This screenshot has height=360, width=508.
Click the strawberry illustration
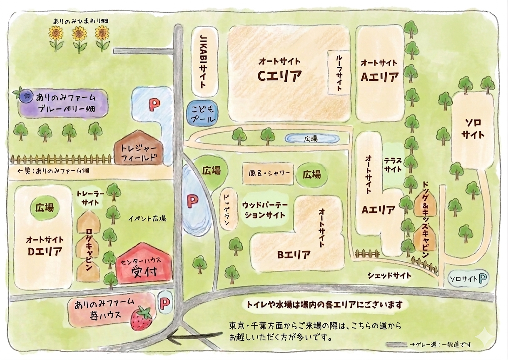coord(141,318)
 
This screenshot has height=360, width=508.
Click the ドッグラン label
coord(227,210)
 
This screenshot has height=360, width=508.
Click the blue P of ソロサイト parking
coord(483,279)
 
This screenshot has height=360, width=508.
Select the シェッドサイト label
coord(389,275)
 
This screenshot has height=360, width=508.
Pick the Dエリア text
coord(45,251)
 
